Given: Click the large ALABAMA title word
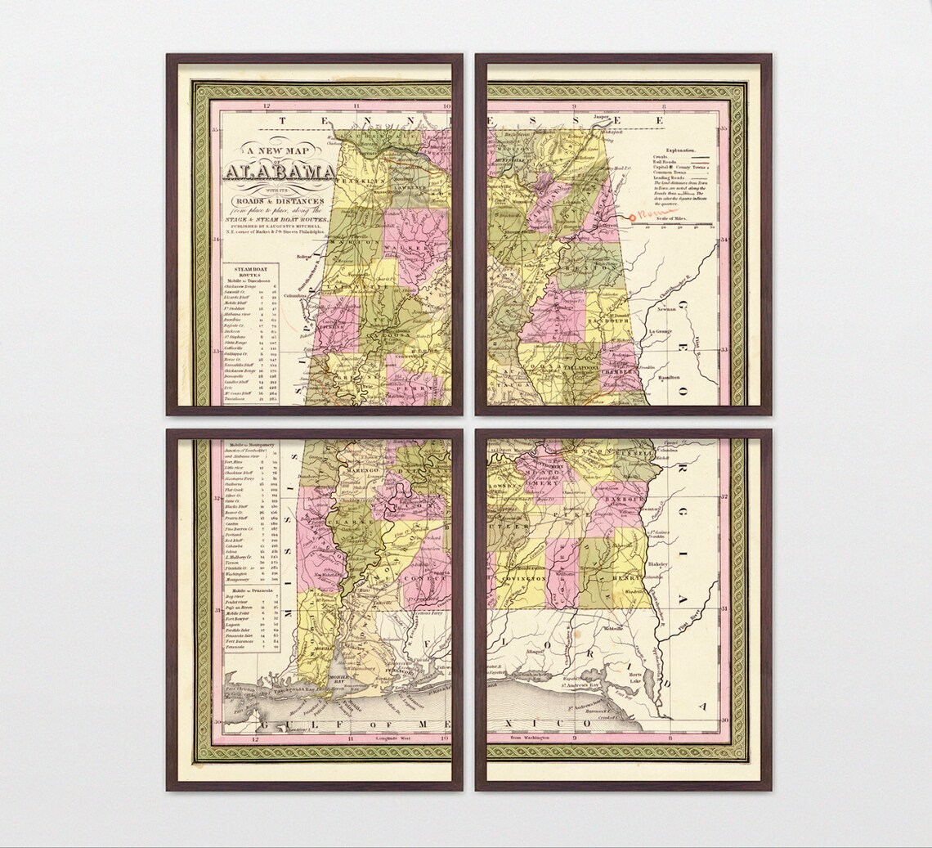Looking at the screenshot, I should click(x=279, y=172).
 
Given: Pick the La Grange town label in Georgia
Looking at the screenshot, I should click(x=661, y=331).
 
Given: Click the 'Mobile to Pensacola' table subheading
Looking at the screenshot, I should click(x=251, y=590).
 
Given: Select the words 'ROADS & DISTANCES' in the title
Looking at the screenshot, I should click(x=280, y=201).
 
